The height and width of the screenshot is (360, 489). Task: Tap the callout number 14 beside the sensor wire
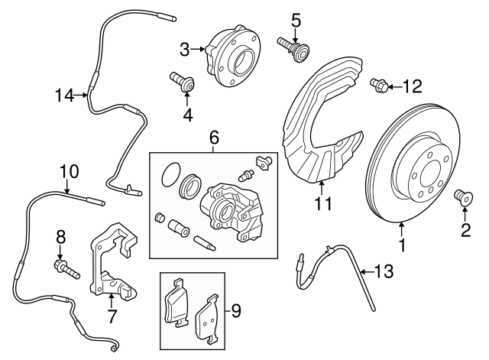(x=65, y=96)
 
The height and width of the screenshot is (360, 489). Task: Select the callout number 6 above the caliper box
(x=214, y=138)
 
